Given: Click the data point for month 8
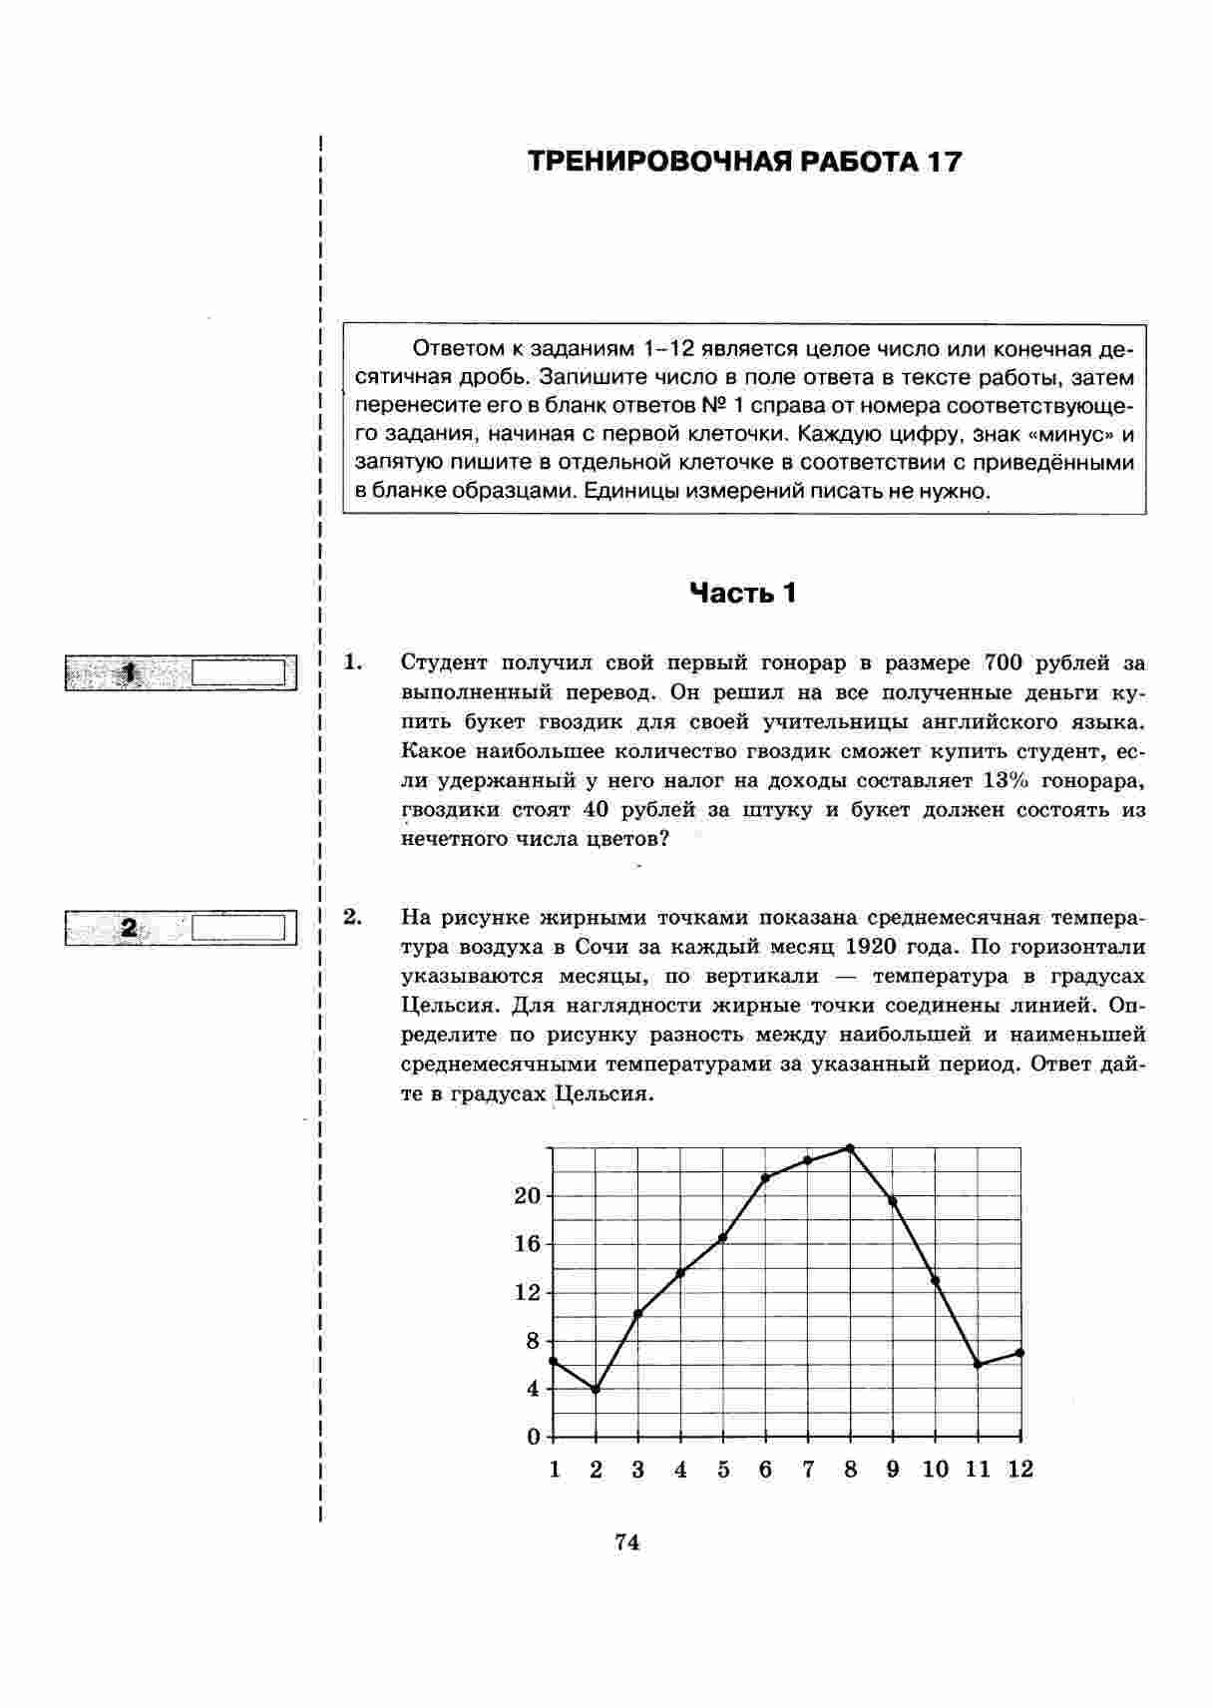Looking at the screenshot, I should point(850,1148).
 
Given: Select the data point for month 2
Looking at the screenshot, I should point(596,1389).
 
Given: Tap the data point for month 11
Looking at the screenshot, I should point(978,1364).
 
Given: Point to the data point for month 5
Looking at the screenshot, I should point(722,1238).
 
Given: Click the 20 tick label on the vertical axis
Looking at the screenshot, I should point(527,1196).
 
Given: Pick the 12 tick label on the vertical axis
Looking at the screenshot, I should point(527,1292).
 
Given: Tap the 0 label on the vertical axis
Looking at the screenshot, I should point(534,1437).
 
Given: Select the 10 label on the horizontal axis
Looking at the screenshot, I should point(935,1470).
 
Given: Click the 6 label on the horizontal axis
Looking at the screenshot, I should point(765,1470).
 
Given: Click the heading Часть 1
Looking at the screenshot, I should point(743,594).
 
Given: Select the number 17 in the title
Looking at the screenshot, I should point(944,162).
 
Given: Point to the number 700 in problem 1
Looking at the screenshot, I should point(1004,663).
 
